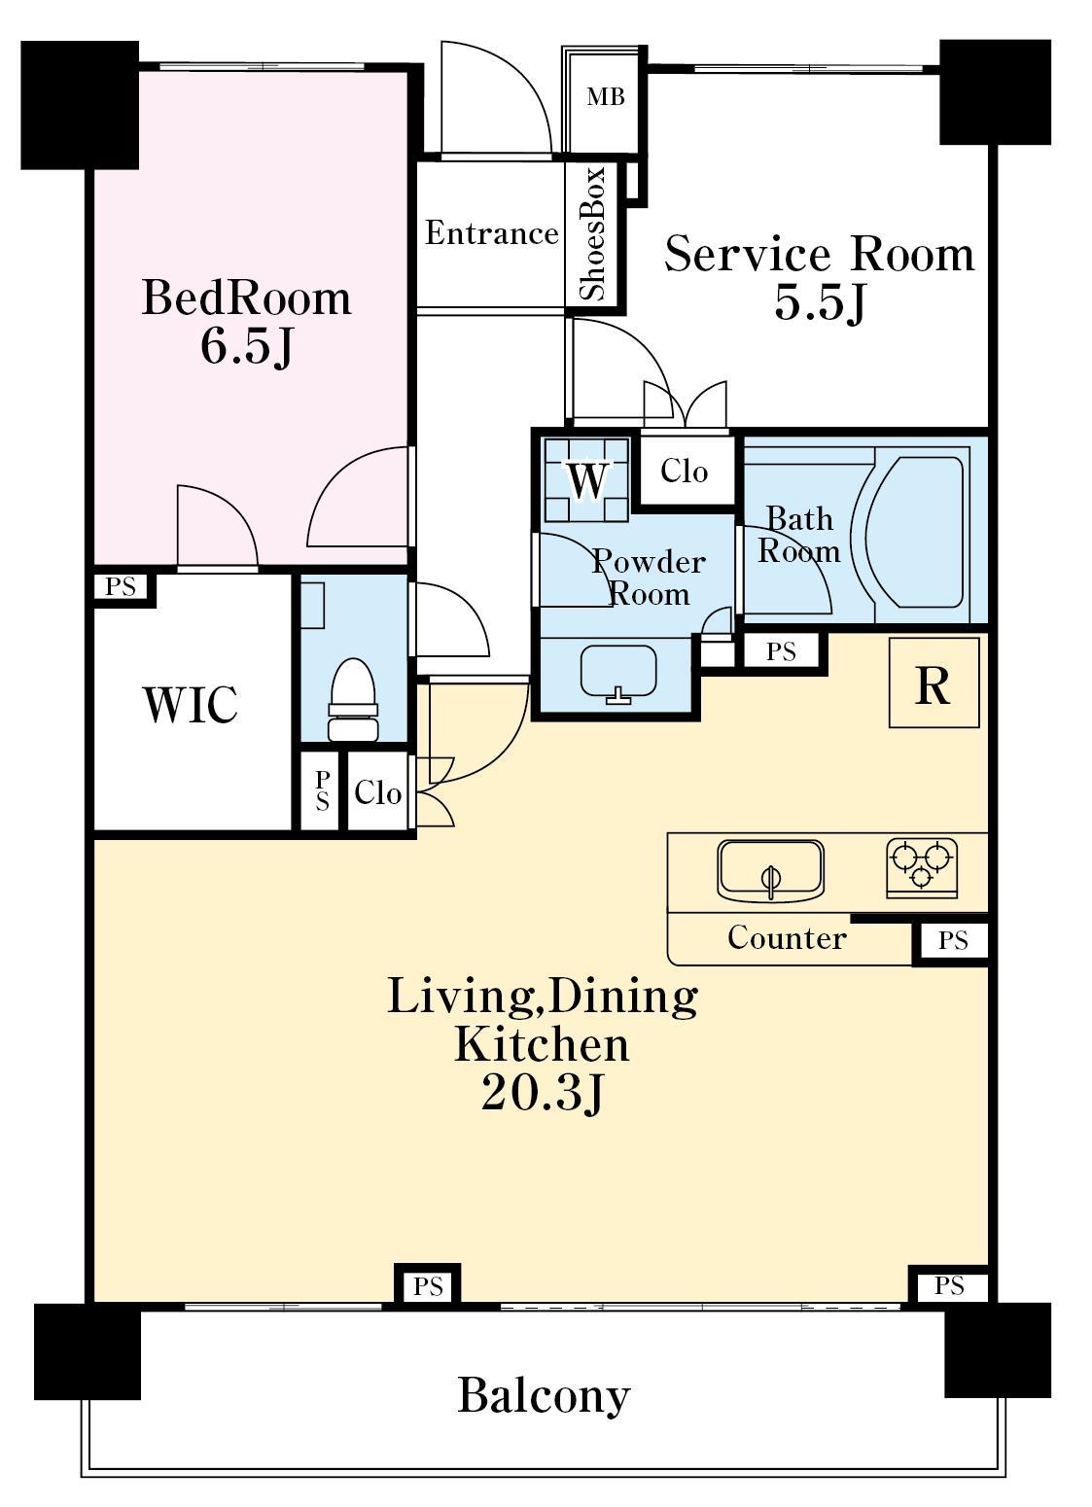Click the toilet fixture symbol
tap(353, 699)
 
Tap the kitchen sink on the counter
tap(770, 870)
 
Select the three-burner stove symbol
tap(922, 868)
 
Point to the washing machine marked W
tap(586, 479)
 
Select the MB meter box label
tap(606, 97)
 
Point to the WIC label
tap(192, 704)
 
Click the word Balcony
tap(544, 1397)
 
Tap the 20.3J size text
tap(542, 1096)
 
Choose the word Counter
tap(787, 938)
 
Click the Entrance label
tap(491, 233)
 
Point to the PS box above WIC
tap(121, 586)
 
